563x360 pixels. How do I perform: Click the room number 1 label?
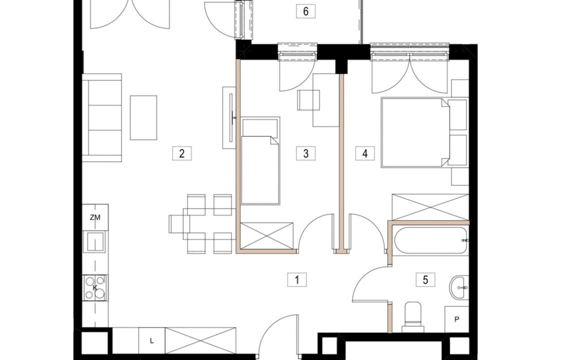[297, 279]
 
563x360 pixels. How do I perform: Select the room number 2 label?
[181, 153]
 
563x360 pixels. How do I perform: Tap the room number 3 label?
[305, 153]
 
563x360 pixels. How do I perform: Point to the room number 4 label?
[365, 153]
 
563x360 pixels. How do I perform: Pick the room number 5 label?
[425, 279]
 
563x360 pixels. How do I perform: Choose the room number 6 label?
[305, 11]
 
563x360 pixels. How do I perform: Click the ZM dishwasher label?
[95, 217]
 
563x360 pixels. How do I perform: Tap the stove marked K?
[95, 287]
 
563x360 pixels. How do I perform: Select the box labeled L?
[152, 341]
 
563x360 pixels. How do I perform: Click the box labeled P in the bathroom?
[456, 319]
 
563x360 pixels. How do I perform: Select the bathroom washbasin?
[459, 287]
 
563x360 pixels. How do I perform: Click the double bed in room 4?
[415, 132]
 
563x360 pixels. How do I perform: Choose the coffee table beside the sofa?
[143, 117]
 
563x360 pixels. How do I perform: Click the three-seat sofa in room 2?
[102, 117]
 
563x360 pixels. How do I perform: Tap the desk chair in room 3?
[309, 100]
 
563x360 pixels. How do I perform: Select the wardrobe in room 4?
[430, 207]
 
